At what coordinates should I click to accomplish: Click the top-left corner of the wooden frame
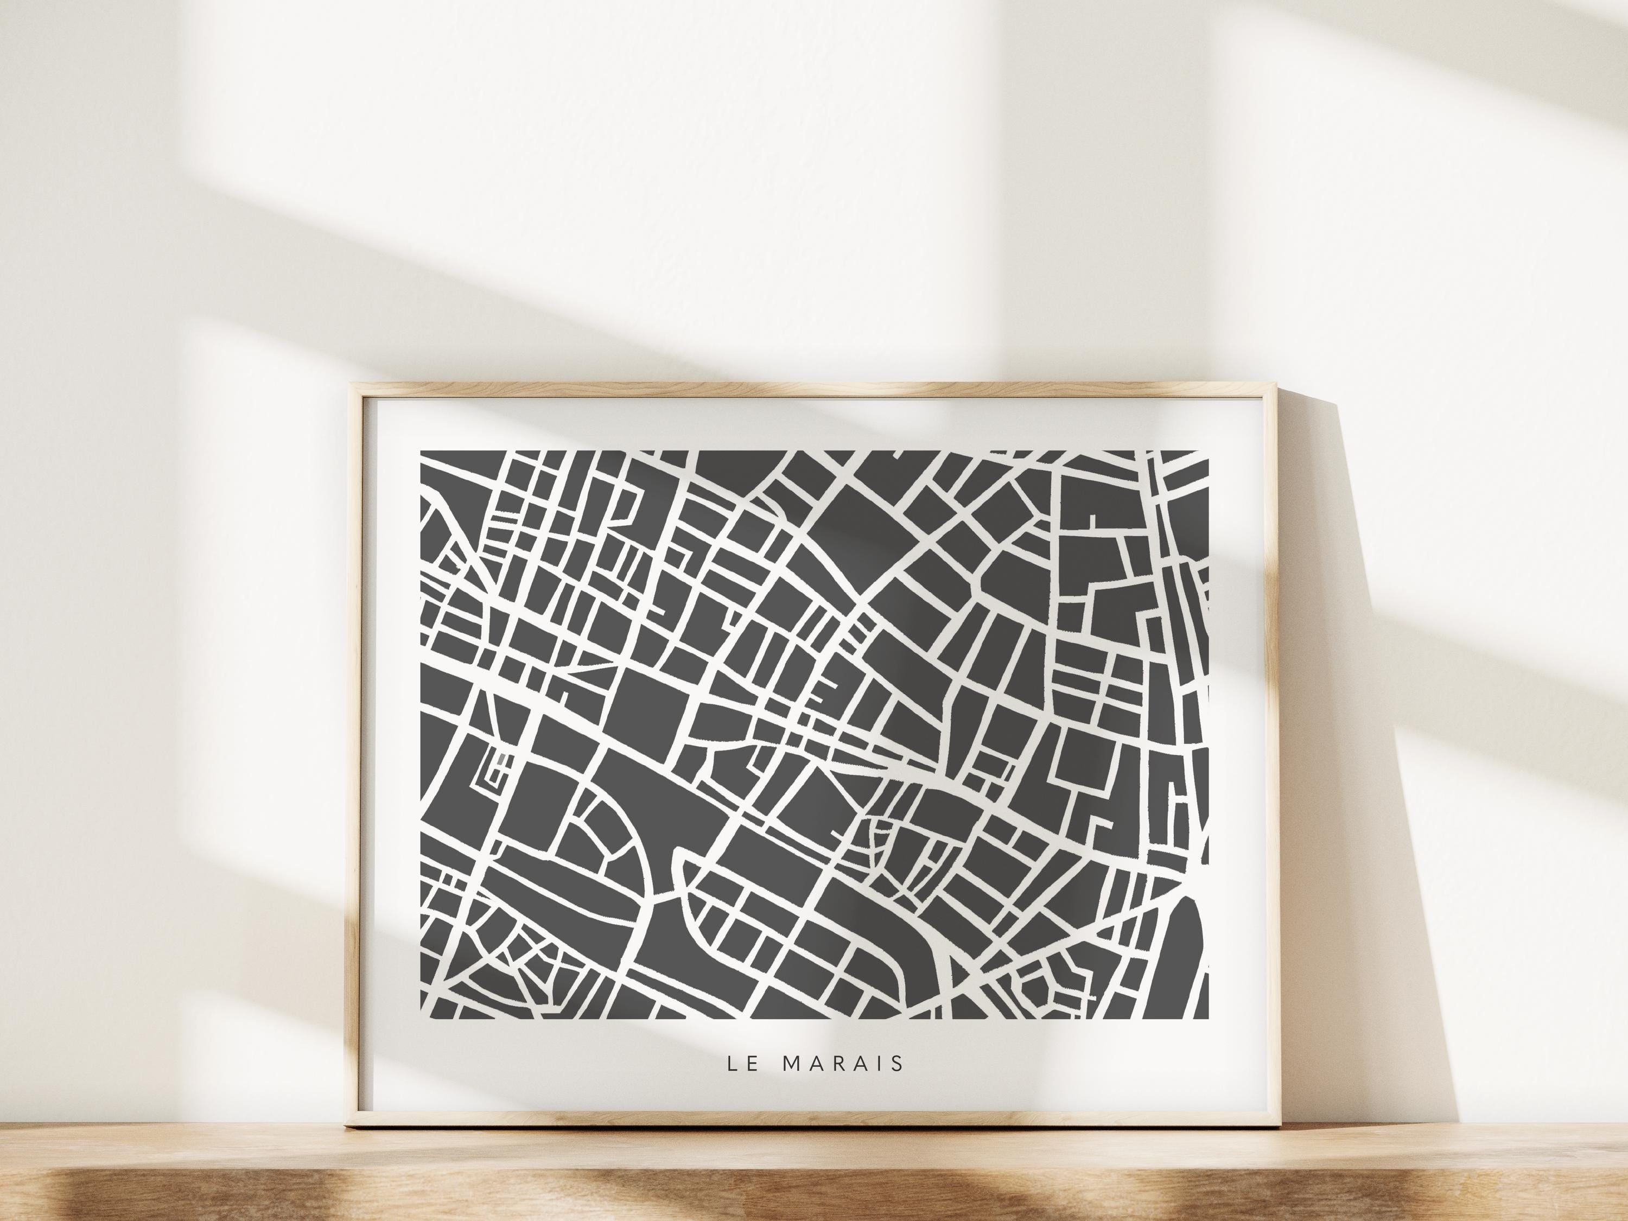coord(351,384)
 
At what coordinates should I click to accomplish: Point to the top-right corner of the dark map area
coord(1208,451)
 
